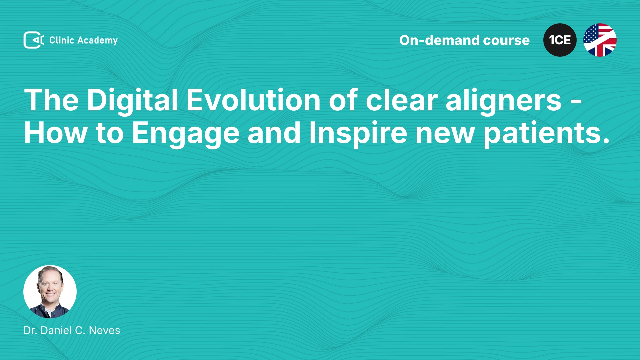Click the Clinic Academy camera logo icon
point(34,40)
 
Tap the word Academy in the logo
point(97,41)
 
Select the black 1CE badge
point(560,40)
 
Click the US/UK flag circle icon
point(600,40)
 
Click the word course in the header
point(506,41)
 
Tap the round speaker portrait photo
point(50,292)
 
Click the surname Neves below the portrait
point(104,330)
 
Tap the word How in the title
point(56,133)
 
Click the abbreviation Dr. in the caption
point(30,330)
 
